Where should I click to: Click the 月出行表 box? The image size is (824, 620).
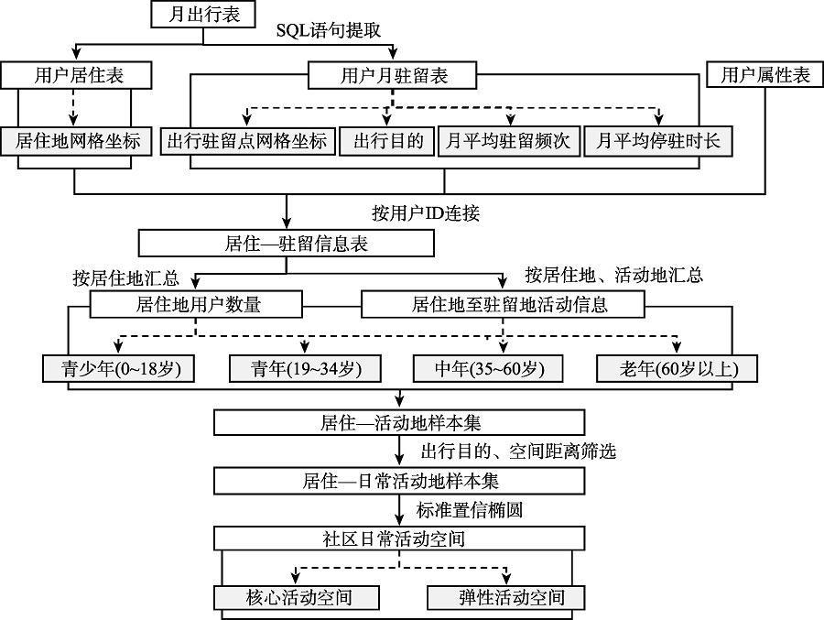click(203, 15)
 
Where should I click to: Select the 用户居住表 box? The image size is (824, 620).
click(76, 75)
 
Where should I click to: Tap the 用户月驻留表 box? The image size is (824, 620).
click(392, 75)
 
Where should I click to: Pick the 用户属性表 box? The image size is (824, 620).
click(765, 75)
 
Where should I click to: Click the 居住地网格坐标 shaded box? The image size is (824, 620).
click(76, 141)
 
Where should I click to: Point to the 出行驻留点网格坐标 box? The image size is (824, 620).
click(247, 141)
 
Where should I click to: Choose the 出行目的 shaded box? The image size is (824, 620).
click(388, 141)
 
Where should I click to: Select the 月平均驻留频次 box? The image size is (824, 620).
click(509, 141)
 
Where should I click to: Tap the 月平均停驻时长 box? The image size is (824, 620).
click(658, 141)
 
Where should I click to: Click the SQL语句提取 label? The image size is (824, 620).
click(329, 30)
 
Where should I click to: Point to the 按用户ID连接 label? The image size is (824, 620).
click(426, 213)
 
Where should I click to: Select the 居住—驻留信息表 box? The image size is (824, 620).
click(287, 244)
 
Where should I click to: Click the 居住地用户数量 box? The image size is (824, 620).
click(196, 304)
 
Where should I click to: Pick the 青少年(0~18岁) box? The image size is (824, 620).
click(118, 369)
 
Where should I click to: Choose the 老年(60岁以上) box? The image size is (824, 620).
click(677, 369)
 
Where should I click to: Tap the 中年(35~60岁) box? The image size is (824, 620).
click(488, 369)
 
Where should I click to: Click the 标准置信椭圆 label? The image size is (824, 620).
click(470, 510)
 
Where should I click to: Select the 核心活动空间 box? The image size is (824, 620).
click(297, 597)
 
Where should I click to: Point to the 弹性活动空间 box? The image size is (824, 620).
click(506, 597)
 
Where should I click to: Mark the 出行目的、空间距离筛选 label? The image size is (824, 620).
click(518, 451)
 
